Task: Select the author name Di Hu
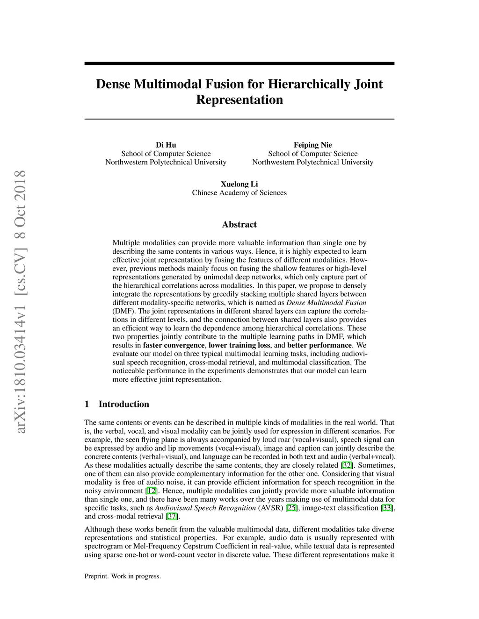pos(166,145)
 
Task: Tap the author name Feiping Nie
pos(312,145)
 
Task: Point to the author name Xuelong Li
pos(239,184)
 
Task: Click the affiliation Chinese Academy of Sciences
pos(239,192)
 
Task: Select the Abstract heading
pos(239,224)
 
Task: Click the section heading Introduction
pos(123,404)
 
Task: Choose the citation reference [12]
pos(152,491)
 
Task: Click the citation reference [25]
pos(291,508)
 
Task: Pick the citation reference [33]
pos(386,508)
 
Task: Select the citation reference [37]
pos(172,516)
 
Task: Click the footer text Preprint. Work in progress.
pos(123,576)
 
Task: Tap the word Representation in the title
pos(239,100)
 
